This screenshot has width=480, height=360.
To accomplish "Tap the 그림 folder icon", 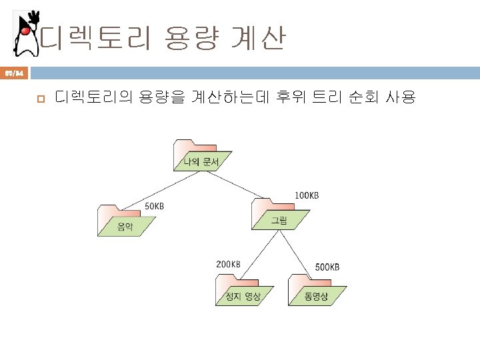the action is coord(279,214).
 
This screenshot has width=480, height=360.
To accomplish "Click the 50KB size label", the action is coord(155,206).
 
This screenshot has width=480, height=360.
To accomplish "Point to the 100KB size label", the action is coord(307,195).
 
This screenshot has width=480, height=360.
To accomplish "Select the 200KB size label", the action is coord(227,264).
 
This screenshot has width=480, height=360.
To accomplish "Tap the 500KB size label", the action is coord(327,267).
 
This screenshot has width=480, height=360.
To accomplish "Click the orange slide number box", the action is coord(14,72).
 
